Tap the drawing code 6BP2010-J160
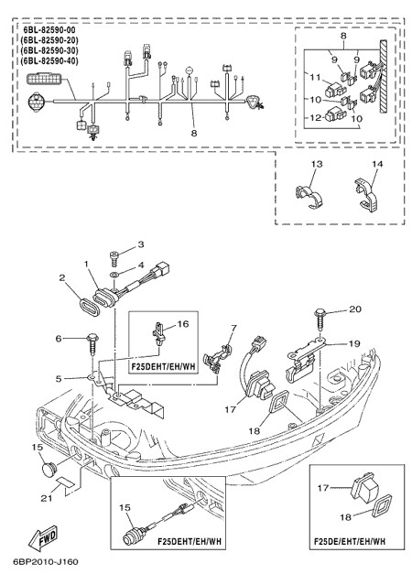[46, 561]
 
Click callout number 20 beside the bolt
[354, 309]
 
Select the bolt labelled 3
[114, 259]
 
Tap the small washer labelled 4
[114, 275]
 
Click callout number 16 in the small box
[183, 324]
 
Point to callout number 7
[233, 328]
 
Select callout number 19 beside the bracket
[354, 343]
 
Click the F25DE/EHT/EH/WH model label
[350, 541]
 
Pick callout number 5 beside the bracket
[59, 378]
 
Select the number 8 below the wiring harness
[194, 134]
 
